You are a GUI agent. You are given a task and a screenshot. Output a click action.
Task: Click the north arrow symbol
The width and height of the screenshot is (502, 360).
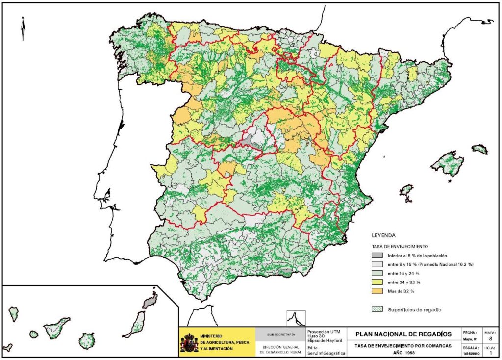click(x=23, y=28)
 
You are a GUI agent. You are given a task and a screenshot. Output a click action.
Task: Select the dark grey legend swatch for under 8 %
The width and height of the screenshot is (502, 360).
click(x=376, y=256)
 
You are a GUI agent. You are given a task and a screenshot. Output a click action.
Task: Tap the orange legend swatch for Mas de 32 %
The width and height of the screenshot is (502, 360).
click(x=376, y=291)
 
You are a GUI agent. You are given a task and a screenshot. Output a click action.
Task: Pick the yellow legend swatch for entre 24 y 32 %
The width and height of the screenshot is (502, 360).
click(x=376, y=282)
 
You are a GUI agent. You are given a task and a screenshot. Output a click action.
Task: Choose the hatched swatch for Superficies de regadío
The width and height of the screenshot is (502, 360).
click(x=376, y=309)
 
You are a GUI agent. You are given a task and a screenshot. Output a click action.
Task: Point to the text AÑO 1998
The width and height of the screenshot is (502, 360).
click(x=403, y=352)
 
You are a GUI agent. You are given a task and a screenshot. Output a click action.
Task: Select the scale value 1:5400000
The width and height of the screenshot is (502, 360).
click(x=470, y=352)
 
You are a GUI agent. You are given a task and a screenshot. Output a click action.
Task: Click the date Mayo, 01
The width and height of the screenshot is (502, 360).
click(x=470, y=338)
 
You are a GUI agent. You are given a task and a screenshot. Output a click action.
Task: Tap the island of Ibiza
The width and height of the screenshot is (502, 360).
click(x=406, y=190)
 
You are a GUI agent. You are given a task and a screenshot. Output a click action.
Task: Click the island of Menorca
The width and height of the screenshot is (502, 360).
click(x=480, y=149)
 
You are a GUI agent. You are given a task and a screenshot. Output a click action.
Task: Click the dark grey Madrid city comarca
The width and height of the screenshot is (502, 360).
click(x=251, y=142)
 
